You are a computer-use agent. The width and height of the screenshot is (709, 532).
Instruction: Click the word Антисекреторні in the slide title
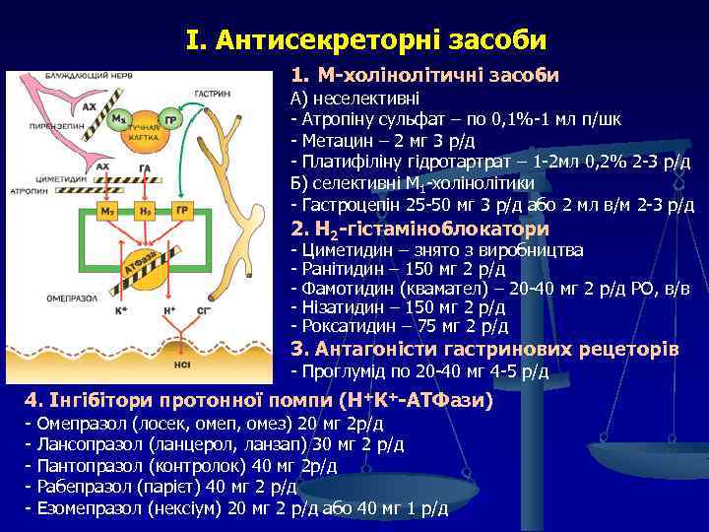[x=315, y=40]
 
